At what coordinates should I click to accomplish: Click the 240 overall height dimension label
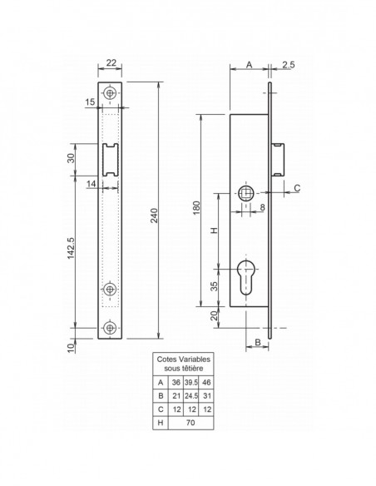(x=155, y=216)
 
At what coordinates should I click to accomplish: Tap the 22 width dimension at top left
(x=111, y=62)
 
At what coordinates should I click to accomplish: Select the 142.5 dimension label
(x=72, y=248)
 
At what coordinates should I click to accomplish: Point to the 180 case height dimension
(x=196, y=208)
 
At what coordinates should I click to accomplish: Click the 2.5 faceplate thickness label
(x=289, y=65)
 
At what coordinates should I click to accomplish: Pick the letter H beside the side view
(x=215, y=231)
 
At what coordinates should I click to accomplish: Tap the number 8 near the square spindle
(x=262, y=207)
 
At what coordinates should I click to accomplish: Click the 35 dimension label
(x=214, y=286)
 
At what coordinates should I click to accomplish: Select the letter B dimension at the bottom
(x=258, y=342)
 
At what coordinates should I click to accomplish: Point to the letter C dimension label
(x=297, y=188)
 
